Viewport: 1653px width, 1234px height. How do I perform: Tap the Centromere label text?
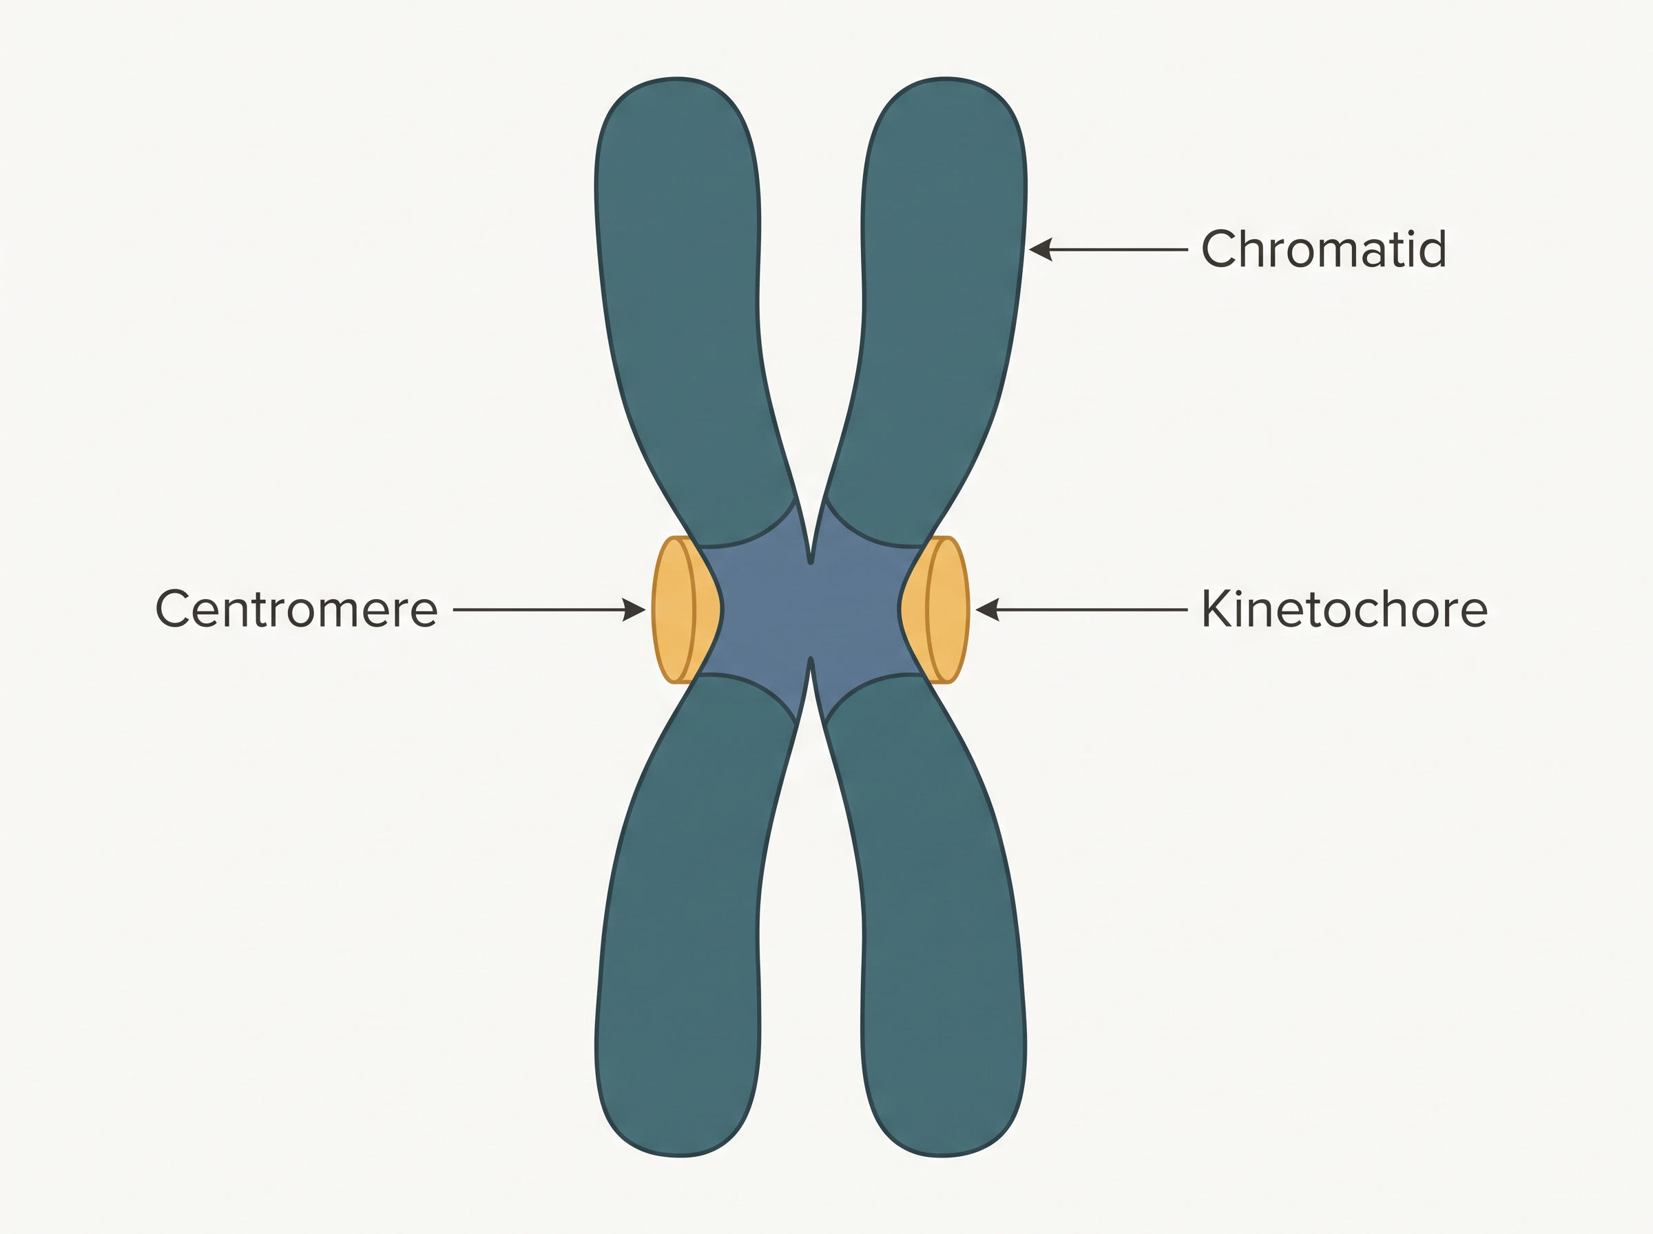[295, 609]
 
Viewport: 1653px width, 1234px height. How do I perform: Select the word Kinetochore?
[1344, 609]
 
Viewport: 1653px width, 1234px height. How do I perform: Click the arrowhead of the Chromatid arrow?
[1041, 249]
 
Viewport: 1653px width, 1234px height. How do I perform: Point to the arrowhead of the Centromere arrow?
[634, 609]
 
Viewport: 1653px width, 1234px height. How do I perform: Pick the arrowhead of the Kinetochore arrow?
[988, 609]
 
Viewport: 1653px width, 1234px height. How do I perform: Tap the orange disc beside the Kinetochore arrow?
[947, 609]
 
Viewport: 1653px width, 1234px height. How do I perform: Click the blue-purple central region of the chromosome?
[811, 609]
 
